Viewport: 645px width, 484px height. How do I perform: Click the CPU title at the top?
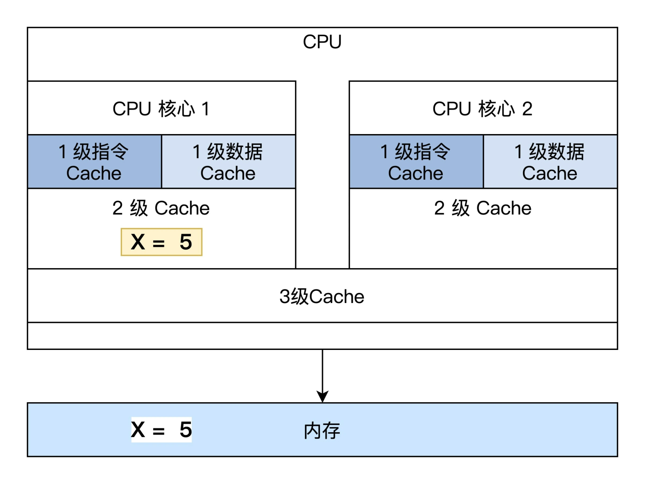[x=322, y=42]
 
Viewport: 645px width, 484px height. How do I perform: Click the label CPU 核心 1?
[x=161, y=109]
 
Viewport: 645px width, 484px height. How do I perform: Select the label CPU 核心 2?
[x=482, y=109]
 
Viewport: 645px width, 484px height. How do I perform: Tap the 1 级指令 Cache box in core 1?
[x=94, y=162]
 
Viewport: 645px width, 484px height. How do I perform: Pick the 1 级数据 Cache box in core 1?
[x=228, y=162]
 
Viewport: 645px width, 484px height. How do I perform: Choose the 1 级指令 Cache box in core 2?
[x=416, y=162]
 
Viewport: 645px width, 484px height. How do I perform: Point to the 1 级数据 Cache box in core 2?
[x=550, y=162]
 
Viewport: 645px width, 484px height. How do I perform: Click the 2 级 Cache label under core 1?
[x=161, y=208]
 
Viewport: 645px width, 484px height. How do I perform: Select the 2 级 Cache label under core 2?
[x=482, y=208]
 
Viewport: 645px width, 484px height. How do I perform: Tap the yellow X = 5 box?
[x=161, y=242]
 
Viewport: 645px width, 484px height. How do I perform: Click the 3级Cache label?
[x=322, y=297]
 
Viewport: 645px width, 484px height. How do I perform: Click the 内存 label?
[x=322, y=431]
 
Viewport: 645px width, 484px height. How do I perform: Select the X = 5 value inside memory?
[x=161, y=430]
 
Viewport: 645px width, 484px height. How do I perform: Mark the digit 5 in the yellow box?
[x=186, y=242]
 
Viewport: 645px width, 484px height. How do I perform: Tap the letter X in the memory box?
[x=138, y=430]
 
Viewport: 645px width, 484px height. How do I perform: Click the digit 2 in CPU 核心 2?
[x=527, y=109]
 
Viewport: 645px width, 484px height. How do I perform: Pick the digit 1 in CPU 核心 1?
[x=206, y=109]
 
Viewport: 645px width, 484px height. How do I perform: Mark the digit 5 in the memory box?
[x=186, y=430]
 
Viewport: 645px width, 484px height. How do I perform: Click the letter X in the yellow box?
[x=138, y=242]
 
